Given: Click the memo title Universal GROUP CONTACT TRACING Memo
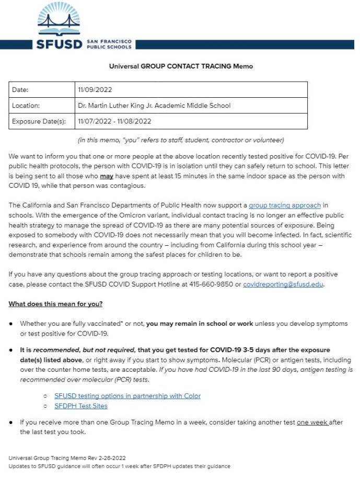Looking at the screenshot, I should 181,66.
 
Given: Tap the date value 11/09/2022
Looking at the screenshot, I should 95,90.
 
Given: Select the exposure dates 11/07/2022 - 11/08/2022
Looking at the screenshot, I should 114,121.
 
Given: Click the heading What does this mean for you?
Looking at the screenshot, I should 55,304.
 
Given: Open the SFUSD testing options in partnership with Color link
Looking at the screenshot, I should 127,396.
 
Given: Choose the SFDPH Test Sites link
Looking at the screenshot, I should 81,406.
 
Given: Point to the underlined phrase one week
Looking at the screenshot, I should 312,422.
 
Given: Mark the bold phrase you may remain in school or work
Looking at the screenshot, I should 200,324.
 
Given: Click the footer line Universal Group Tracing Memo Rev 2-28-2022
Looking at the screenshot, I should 67,458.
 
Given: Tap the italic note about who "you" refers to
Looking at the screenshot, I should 181,140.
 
